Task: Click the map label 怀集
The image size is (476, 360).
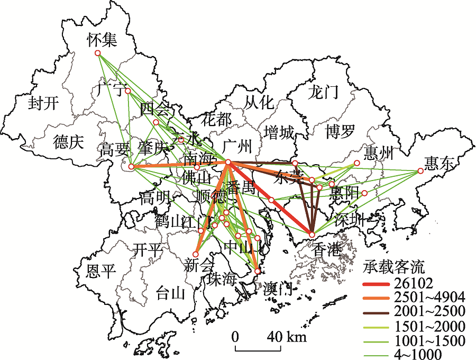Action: [x=103, y=39]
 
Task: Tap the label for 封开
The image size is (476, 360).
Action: [x=43, y=103]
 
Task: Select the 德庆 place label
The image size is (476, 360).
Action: [x=68, y=142]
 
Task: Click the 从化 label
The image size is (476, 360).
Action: [x=260, y=101]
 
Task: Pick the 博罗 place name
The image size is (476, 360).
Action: [x=340, y=131]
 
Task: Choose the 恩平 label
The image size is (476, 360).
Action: [x=100, y=272]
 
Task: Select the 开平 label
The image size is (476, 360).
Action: [x=147, y=249]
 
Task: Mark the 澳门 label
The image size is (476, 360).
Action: [x=277, y=289]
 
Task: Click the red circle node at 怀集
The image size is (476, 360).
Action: [x=97, y=53]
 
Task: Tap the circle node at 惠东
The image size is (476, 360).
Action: [x=420, y=170]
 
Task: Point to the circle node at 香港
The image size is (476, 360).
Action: [x=312, y=235]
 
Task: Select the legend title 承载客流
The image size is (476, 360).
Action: [x=396, y=265]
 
